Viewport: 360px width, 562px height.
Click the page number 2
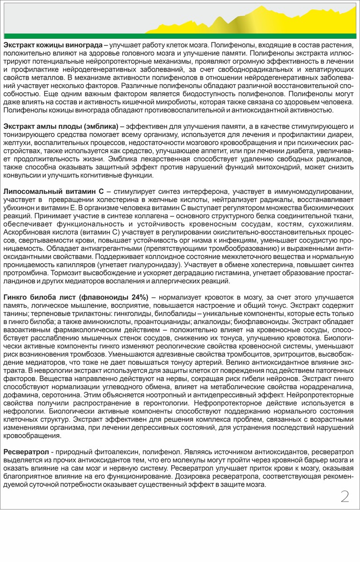(x=345, y=497)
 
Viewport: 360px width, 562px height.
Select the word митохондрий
(x=267, y=168)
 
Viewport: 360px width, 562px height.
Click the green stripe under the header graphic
(x=180, y=36)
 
